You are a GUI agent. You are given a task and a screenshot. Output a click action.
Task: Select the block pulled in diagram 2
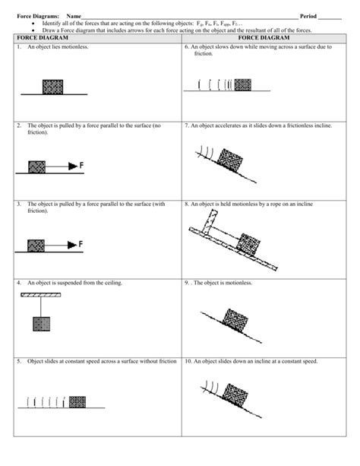pyautogui.click(x=36, y=166)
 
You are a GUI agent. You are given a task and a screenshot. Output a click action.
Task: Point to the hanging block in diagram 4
pyautogui.click(x=40, y=324)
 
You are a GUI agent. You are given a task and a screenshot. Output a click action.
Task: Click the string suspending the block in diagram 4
pyautogui.click(x=40, y=306)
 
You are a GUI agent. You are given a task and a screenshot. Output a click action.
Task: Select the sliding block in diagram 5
pyautogui.click(x=73, y=400)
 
